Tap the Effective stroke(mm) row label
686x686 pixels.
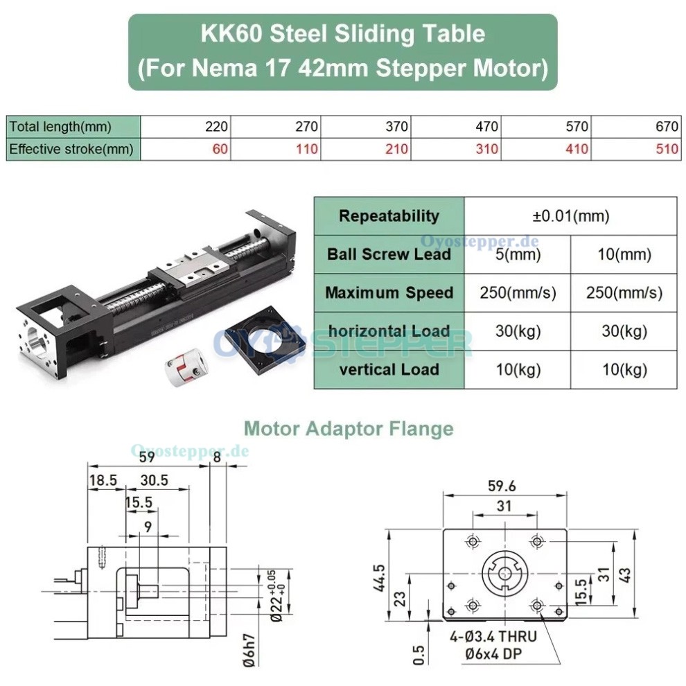(71, 149)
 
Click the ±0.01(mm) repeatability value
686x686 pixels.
(570, 216)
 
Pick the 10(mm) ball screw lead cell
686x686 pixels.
(623, 254)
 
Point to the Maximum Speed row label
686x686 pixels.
(389, 292)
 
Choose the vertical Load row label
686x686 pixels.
(389, 369)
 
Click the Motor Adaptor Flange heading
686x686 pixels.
(349, 429)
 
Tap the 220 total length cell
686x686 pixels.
(217, 127)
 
